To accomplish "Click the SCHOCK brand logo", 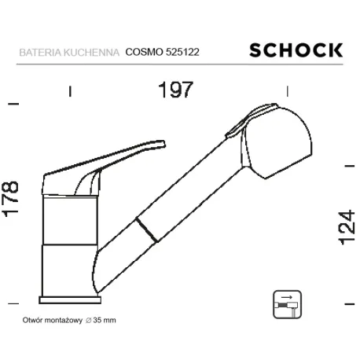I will (296, 50).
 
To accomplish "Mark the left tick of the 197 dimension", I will (70, 91).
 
